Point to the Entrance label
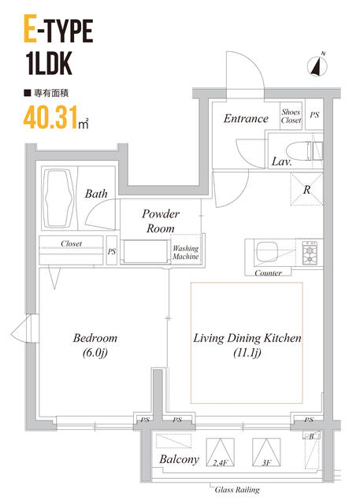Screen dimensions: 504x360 pyautogui.click(x=246, y=119)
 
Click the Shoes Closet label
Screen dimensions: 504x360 pyautogui.click(x=291, y=116)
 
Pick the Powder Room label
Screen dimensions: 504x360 pyautogui.click(x=161, y=220)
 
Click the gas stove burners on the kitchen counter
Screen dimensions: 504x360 pyautogui.click(x=308, y=252)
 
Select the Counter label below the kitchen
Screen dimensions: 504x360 pyautogui.click(x=269, y=273)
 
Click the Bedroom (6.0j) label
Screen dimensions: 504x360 pyautogui.click(x=95, y=345)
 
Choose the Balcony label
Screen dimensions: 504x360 pyautogui.click(x=178, y=460)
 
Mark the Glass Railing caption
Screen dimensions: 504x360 pyautogui.click(x=237, y=490)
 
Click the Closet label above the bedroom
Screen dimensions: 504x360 pyautogui.click(x=71, y=244)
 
